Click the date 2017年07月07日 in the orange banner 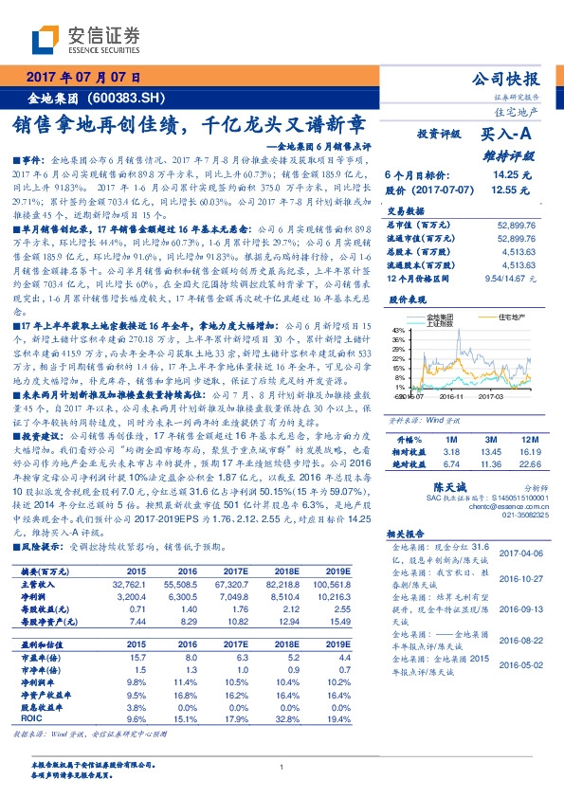(83, 77)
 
